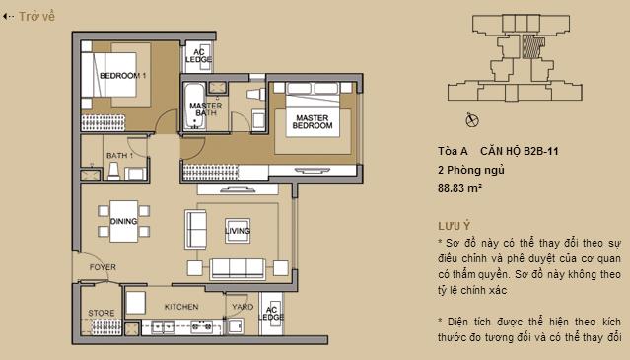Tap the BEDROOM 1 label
124,76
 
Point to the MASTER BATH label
205,109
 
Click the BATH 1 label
119,156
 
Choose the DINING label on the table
123,221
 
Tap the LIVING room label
238,231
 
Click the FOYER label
103,267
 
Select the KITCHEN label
180,306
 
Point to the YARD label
242,306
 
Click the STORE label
102,314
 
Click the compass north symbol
472,120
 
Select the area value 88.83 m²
459,186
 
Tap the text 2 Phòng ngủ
470,169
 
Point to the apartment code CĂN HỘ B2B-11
520,151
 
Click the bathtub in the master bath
190,108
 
